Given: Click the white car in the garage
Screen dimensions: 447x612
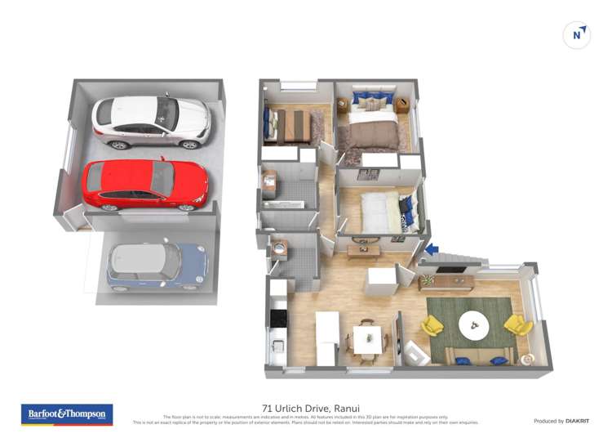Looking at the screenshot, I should [151, 122].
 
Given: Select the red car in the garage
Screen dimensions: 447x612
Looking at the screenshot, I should [144, 184].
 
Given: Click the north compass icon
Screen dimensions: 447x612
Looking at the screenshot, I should [577, 34].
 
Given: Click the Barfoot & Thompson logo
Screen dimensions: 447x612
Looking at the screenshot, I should [66, 414].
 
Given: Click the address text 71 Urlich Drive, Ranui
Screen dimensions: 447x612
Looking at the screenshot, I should [311, 408].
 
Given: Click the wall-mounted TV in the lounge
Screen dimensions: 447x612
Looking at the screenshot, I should [451, 270].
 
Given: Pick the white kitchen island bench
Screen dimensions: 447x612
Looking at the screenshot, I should [327, 337].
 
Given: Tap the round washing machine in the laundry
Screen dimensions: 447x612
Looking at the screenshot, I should [279, 244].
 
